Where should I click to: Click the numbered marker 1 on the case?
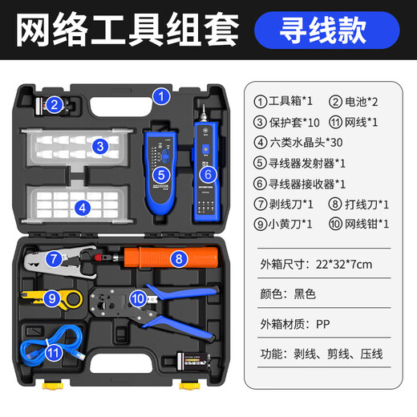161,97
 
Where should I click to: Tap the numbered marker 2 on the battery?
54,104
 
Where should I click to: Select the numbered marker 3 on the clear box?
99,146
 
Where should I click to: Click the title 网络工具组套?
128,30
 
